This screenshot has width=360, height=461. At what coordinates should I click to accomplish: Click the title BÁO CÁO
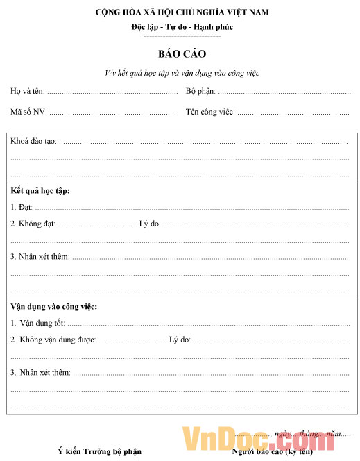coord(182,53)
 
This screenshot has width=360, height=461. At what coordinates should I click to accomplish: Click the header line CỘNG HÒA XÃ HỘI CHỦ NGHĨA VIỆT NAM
coord(182,12)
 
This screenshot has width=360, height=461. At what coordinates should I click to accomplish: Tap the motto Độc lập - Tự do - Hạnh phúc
coord(182,27)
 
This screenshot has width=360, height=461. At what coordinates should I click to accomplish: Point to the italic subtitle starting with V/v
coord(182,73)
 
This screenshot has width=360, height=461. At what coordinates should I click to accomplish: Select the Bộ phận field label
coord(200,91)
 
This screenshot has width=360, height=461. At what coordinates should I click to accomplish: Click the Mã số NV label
coord(28,112)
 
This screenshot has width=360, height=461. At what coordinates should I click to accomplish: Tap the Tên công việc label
coord(210,112)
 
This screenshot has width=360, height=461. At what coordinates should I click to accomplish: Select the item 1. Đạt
coord(22,207)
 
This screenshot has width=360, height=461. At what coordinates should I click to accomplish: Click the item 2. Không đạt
coord(33,224)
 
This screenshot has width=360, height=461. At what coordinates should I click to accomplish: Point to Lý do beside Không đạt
coord(150,224)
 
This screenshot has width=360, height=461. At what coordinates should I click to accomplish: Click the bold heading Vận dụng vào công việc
coord(53,306)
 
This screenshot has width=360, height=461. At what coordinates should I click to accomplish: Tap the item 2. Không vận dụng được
coord(53,340)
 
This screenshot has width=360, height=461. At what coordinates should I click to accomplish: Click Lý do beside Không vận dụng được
coord(180,340)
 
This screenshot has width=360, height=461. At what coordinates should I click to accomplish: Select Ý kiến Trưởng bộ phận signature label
coord(99,451)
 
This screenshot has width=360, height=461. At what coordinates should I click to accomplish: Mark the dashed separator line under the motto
coord(182,36)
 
